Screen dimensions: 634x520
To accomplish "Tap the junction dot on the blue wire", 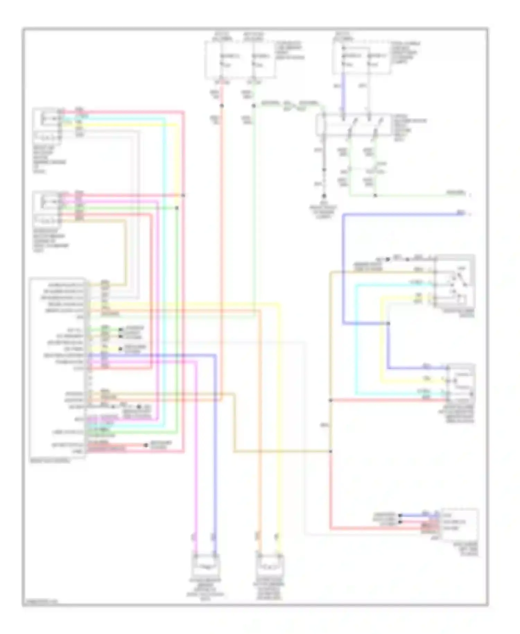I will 388,323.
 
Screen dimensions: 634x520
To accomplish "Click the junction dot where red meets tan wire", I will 331,400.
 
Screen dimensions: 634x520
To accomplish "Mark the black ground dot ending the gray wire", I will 324,196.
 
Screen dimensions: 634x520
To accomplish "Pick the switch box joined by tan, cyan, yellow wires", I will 454,281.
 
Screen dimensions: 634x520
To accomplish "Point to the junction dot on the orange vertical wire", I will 222,105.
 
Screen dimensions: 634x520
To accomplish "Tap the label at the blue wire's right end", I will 461,213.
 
